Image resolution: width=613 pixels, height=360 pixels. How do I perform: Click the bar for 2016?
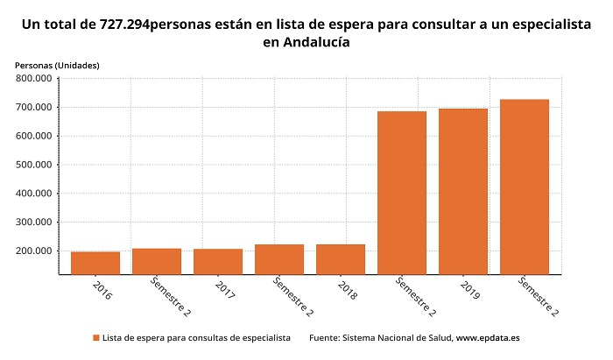[x=95, y=263]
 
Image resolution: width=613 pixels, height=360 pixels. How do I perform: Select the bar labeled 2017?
[x=218, y=261]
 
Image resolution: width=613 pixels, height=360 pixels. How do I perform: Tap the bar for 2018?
[x=341, y=259]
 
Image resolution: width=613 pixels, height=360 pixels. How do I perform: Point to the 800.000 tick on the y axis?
[x=35, y=79]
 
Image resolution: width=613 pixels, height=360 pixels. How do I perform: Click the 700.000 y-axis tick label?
[x=35, y=108]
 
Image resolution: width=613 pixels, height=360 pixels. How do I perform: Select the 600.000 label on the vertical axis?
[x=35, y=136]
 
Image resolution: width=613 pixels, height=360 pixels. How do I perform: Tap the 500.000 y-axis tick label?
[x=35, y=165]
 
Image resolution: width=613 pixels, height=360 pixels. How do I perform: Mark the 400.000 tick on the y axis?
[x=35, y=194]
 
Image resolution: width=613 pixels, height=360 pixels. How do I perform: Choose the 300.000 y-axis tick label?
[x=35, y=222]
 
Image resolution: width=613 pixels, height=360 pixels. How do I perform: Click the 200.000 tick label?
[x=35, y=251]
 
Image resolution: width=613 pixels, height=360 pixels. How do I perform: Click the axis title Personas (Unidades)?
[x=58, y=66]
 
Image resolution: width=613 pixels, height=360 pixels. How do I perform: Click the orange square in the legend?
[x=95, y=337]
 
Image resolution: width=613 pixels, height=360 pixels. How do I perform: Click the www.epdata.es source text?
[x=488, y=337]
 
